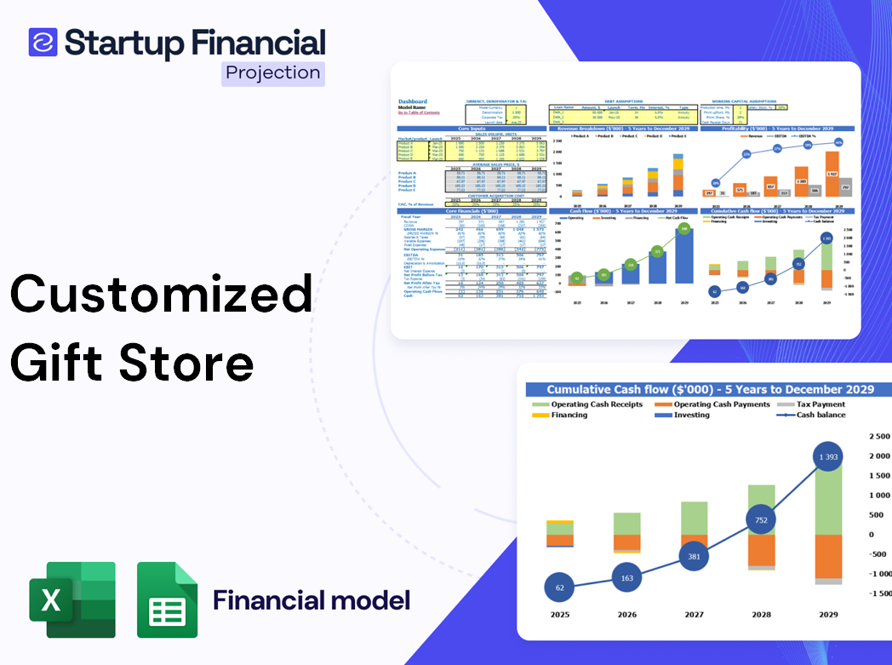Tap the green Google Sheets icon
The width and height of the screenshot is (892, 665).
tap(167, 599)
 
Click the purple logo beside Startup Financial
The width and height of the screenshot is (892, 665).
tap(43, 42)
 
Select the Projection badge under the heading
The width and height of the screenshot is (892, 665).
tap(273, 73)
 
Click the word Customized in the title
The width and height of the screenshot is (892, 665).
tap(161, 295)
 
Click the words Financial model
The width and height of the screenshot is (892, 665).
tap(312, 600)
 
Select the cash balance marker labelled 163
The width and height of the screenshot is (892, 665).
tap(628, 578)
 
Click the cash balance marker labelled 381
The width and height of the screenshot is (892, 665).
tap(695, 556)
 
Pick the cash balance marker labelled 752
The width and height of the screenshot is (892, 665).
tap(761, 519)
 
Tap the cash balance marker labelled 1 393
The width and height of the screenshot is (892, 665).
tap(827, 457)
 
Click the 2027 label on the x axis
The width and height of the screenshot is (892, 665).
tap(694, 614)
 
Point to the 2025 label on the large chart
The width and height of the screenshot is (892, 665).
tap(560, 614)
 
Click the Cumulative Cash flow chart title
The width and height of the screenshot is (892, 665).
tap(710, 389)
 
